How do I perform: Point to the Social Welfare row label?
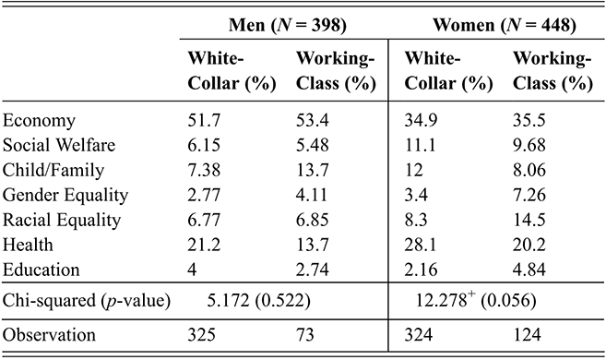[56, 146]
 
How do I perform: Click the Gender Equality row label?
[65, 194]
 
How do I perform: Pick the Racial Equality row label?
[64, 218]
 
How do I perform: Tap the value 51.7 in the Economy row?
[202, 122]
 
